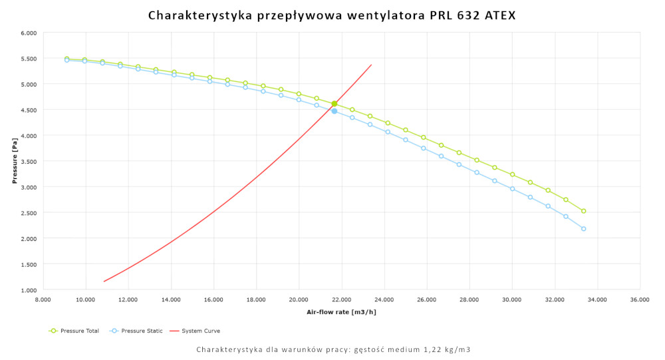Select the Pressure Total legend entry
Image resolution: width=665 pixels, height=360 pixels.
point(74,331)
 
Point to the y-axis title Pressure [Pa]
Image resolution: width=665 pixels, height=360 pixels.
point(14,161)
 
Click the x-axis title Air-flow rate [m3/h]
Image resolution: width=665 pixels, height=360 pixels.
point(341,311)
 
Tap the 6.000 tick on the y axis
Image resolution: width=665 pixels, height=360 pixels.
point(28,33)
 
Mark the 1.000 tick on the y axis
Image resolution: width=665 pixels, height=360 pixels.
point(28,290)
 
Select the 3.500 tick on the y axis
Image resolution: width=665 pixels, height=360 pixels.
point(28,162)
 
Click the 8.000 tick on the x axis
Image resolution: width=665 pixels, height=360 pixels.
point(43,299)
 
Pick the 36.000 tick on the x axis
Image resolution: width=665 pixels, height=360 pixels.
point(640,299)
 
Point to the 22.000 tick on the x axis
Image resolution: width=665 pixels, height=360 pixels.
point(341,299)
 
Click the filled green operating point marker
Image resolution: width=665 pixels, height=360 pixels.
point(334,104)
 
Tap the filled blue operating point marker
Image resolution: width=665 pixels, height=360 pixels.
point(334,111)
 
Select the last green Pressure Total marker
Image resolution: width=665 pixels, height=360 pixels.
point(583,211)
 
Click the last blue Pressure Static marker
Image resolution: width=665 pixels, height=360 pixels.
point(583,229)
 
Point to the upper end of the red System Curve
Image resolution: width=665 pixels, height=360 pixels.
point(371,65)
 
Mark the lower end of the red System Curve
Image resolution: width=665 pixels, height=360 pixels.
point(104,281)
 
